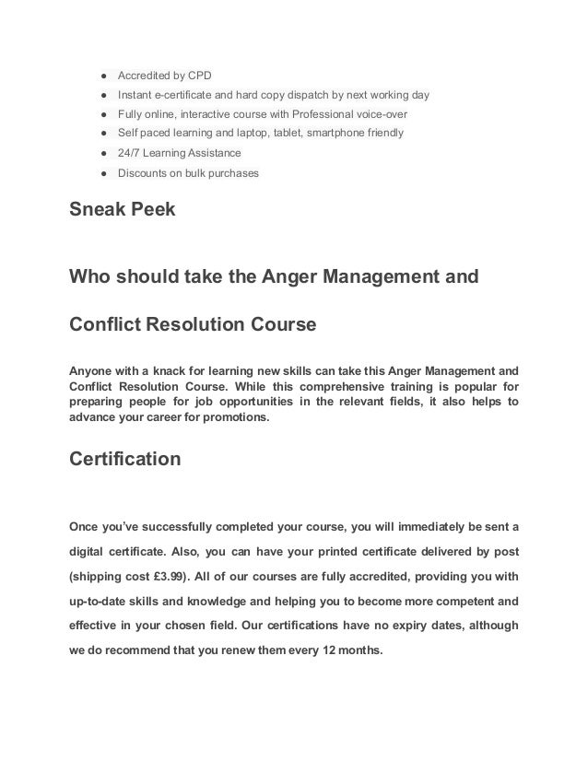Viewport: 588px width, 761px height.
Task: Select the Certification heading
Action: click(x=125, y=458)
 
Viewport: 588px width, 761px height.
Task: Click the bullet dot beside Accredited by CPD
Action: click(x=95, y=76)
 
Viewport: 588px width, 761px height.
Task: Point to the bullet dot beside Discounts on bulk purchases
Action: click(x=95, y=172)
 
